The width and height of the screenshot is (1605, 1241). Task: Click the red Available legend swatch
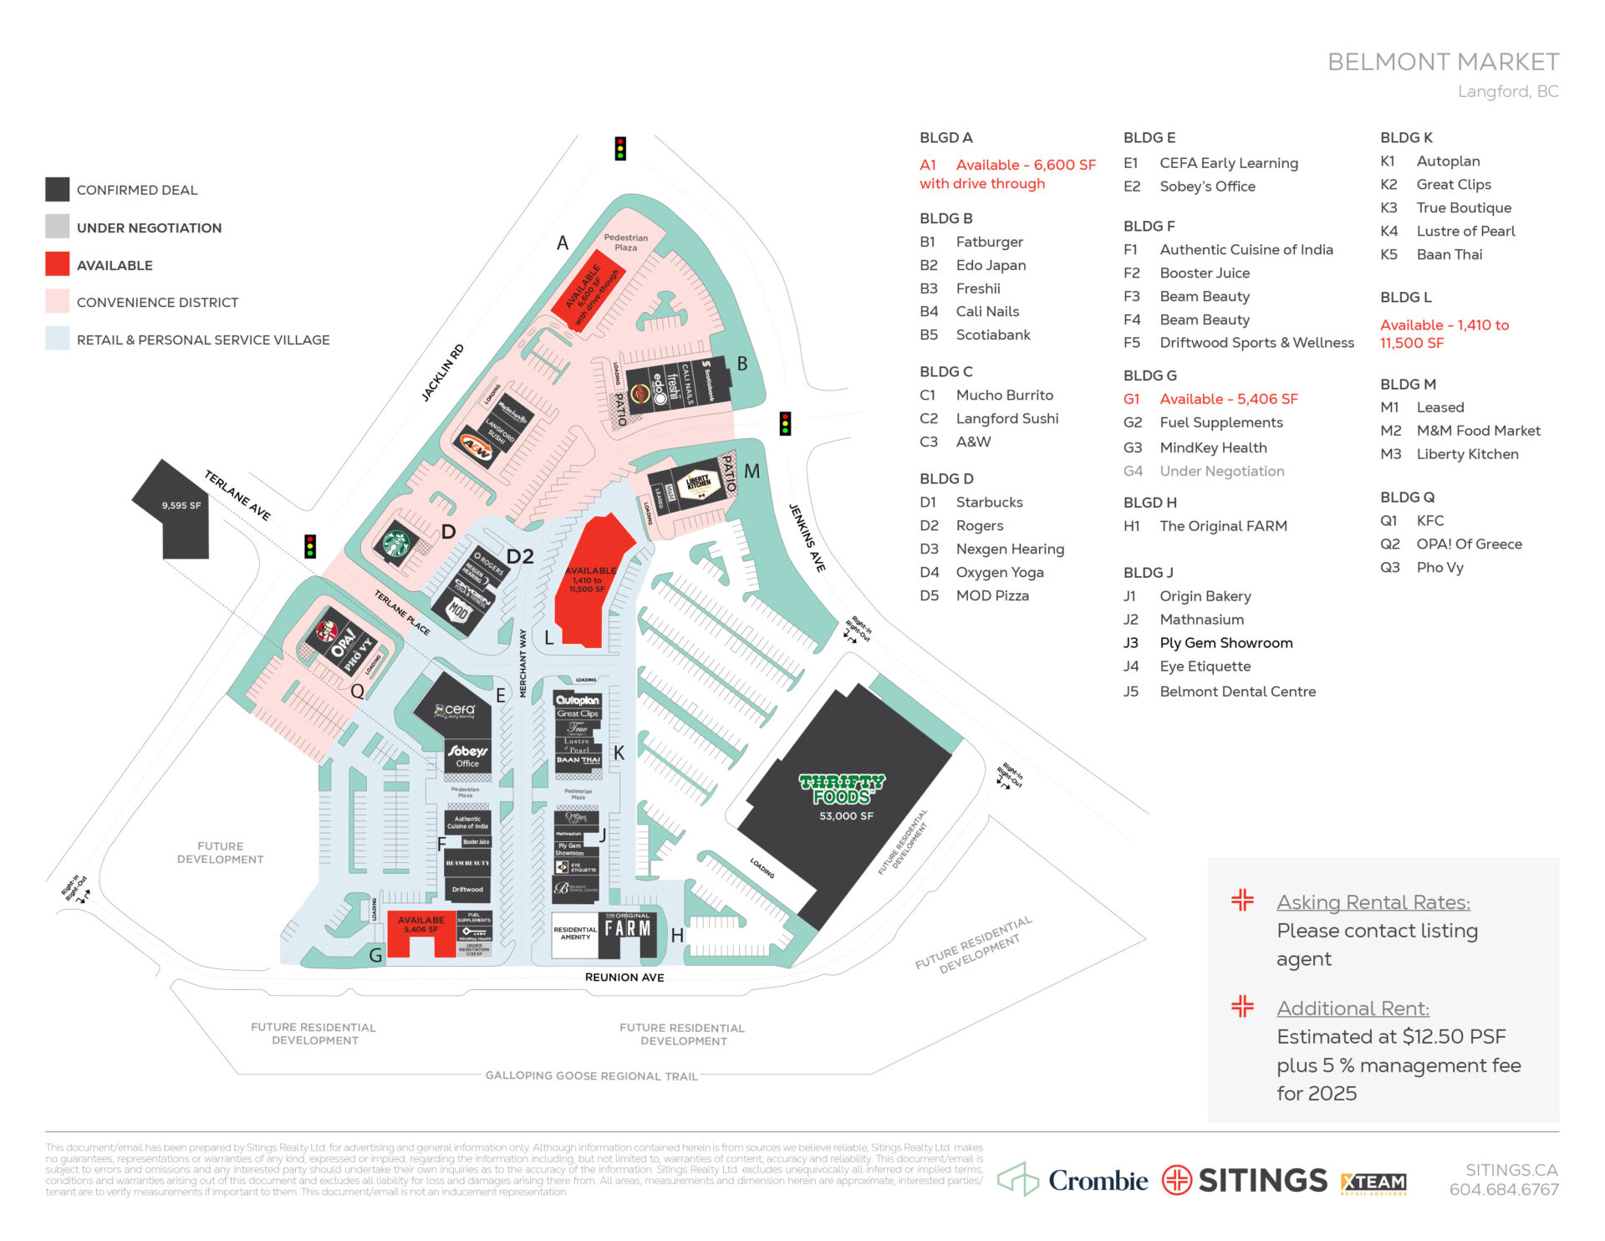click(x=57, y=264)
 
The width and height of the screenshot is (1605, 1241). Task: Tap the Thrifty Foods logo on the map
click(x=841, y=789)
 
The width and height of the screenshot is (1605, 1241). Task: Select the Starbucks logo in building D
click(x=395, y=544)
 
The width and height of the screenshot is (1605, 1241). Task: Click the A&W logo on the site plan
click(x=476, y=449)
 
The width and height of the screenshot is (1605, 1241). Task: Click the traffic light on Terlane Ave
click(x=310, y=546)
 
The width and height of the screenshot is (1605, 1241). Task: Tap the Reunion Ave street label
click(x=624, y=977)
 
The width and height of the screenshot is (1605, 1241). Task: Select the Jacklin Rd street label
click(x=442, y=373)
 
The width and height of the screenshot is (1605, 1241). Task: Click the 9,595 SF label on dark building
click(x=181, y=506)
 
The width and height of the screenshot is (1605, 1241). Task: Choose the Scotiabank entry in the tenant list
click(x=992, y=335)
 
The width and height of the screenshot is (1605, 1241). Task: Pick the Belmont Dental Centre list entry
click(x=1236, y=692)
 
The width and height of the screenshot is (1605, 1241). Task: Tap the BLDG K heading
click(x=1406, y=137)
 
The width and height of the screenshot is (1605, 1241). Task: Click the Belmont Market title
click(x=1443, y=62)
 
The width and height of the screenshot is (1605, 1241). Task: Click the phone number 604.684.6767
click(x=1503, y=1189)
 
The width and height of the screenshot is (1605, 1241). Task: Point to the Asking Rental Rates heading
click(x=1373, y=902)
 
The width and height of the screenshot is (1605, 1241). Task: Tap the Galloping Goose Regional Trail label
click(x=591, y=1075)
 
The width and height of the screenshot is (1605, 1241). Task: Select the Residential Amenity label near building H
click(x=575, y=933)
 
